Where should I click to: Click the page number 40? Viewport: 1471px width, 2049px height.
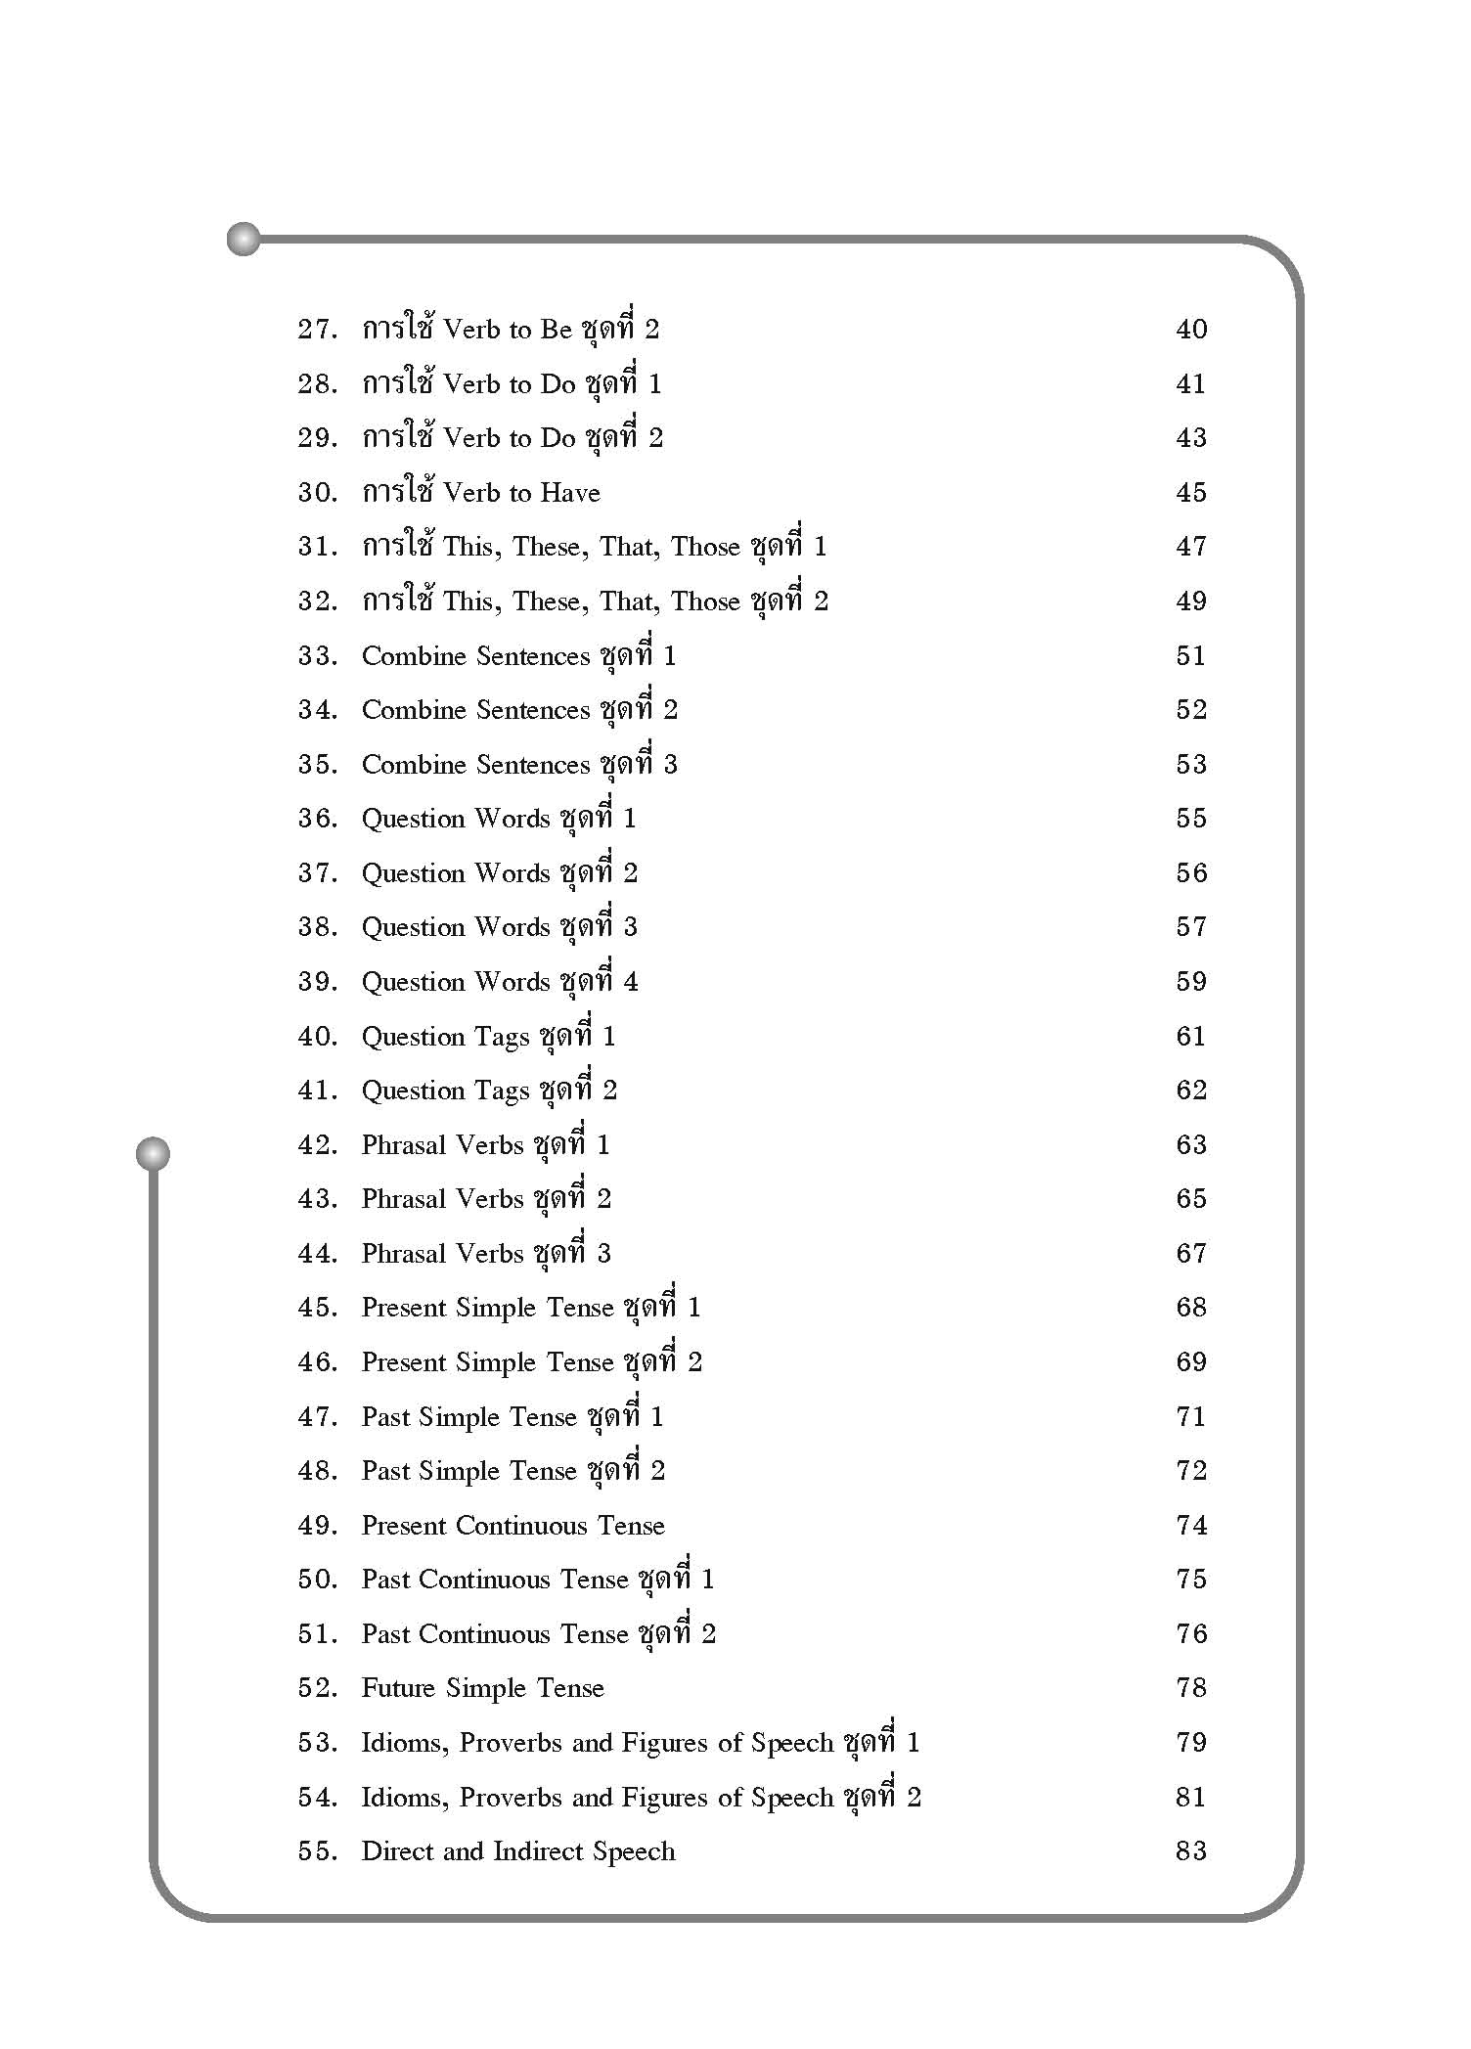pos(1191,330)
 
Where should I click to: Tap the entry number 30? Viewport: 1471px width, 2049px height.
pos(318,493)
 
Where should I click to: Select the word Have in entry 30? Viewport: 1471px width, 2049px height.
pos(569,493)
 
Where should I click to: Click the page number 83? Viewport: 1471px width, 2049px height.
pos(1191,1851)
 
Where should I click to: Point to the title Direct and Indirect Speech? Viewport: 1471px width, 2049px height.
pos(518,1851)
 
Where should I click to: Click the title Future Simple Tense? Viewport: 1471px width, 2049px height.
pos(483,1688)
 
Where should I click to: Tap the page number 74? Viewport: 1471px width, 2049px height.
pos(1191,1526)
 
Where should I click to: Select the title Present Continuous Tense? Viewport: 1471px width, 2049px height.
pos(513,1526)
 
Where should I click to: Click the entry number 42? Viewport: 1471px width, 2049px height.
pos(318,1145)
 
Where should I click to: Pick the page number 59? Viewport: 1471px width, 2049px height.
pos(1191,982)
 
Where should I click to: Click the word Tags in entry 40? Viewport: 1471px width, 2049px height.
pos(506,1037)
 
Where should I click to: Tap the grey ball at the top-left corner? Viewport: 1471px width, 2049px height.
pos(244,239)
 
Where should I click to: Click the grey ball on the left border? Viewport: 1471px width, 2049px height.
pos(153,1154)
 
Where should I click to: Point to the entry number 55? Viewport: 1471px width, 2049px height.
pos(318,1851)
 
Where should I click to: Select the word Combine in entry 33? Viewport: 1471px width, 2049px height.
pos(414,656)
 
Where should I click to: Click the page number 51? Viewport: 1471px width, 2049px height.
pos(1191,656)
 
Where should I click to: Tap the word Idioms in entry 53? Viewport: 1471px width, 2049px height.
pos(404,1743)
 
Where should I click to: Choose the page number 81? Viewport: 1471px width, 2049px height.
pos(1191,1798)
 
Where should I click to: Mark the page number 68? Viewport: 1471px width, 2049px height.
pos(1191,1308)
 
